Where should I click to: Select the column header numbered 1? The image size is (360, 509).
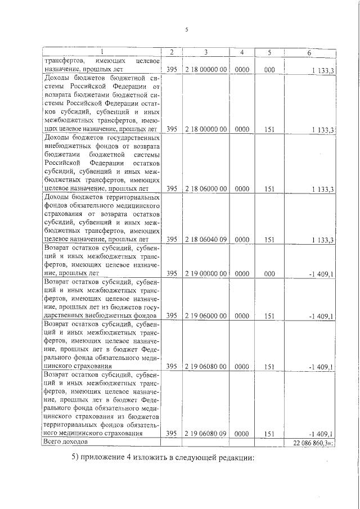pos(102,52)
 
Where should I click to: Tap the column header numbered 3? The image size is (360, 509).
pos(206,52)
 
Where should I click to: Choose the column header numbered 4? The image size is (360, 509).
pos(242,52)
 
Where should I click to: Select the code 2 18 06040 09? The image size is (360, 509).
pos(206,240)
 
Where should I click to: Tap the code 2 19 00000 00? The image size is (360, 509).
pos(206,273)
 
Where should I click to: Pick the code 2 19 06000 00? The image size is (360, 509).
pos(206,316)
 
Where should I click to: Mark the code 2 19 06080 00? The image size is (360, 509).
pos(206,367)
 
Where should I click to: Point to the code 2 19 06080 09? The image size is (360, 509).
pos(206,434)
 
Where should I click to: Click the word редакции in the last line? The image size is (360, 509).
pos(235,457)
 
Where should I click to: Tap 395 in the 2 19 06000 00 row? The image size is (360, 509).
pos(172,316)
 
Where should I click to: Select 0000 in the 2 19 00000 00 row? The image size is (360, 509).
pos(242,273)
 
